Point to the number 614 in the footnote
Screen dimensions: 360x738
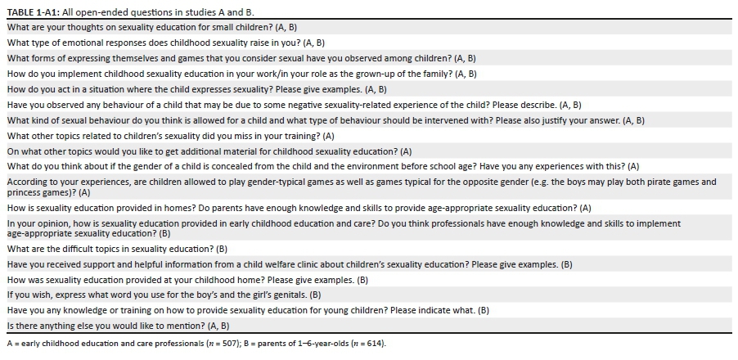[x=367, y=344]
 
